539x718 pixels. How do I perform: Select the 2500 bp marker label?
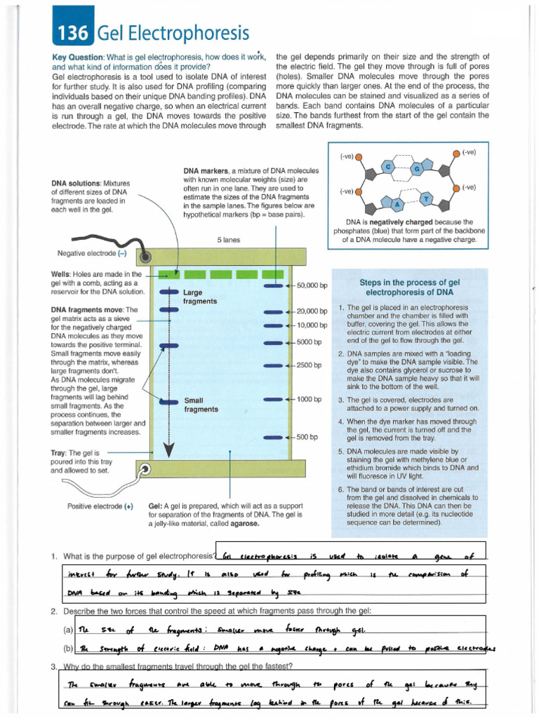coord(309,365)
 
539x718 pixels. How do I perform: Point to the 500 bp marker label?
coord(307,437)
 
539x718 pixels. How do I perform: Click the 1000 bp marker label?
coord(309,399)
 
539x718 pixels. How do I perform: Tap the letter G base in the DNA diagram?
coord(416,169)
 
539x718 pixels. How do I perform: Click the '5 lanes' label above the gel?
coord(229,240)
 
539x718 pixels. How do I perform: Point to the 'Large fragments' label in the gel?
coord(199,297)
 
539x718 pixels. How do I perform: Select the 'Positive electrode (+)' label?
coord(100,506)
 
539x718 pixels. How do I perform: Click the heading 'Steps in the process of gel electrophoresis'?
coord(410,287)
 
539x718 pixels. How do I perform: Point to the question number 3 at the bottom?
coord(54,666)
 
